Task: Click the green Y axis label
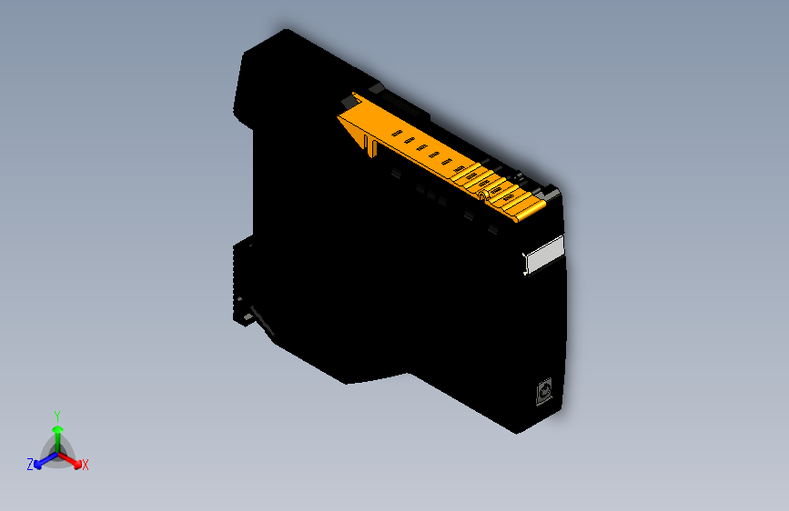(57, 415)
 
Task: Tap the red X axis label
(86, 465)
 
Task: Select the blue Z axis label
(30, 464)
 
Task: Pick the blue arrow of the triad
(40, 460)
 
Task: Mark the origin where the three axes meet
(57, 452)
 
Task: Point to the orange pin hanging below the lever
(371, 146)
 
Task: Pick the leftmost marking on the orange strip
(396, 135)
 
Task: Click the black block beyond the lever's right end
(551, 194)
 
